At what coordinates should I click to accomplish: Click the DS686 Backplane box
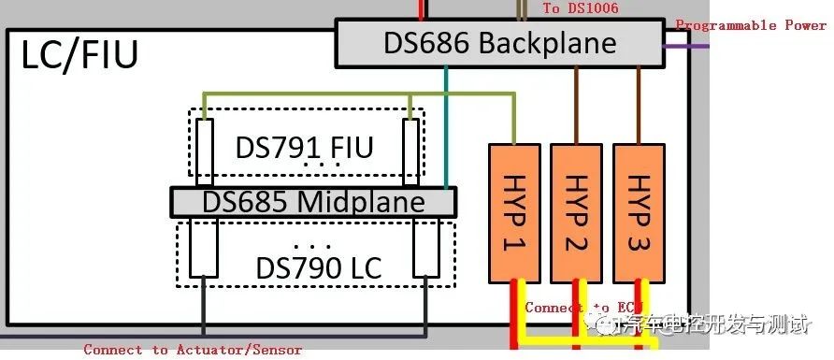click(499, 43)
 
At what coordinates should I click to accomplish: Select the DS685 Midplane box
click(313, 202)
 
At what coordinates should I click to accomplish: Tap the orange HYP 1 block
click(514, 212)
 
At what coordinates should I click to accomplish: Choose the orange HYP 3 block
click(639, 212)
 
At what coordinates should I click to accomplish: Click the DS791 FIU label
click(304, 147)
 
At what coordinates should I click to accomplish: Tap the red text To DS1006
click(580, 8)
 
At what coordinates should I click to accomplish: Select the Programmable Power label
click(751, 25)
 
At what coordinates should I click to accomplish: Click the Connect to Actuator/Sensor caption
click(193, 350)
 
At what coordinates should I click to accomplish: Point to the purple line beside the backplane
click(677, 44)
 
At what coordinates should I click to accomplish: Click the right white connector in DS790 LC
click(427, 248)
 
